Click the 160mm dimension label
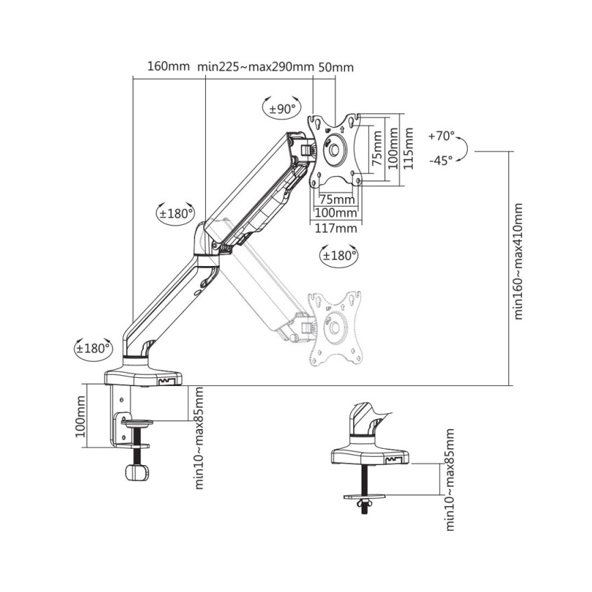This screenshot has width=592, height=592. point(168,67)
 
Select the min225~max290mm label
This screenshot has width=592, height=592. point(255,67)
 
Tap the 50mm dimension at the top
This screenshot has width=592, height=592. point(336,67)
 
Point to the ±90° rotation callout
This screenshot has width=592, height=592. point(281,108)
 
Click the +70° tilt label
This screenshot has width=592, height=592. point(441,136)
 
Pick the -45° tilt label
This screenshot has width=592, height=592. point(441,161)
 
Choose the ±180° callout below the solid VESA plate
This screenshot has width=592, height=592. point(339,256)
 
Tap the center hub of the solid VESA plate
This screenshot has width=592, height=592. point(335,149)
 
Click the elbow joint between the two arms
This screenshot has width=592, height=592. point(206,243)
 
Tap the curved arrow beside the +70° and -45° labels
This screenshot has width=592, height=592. point(463,149)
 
